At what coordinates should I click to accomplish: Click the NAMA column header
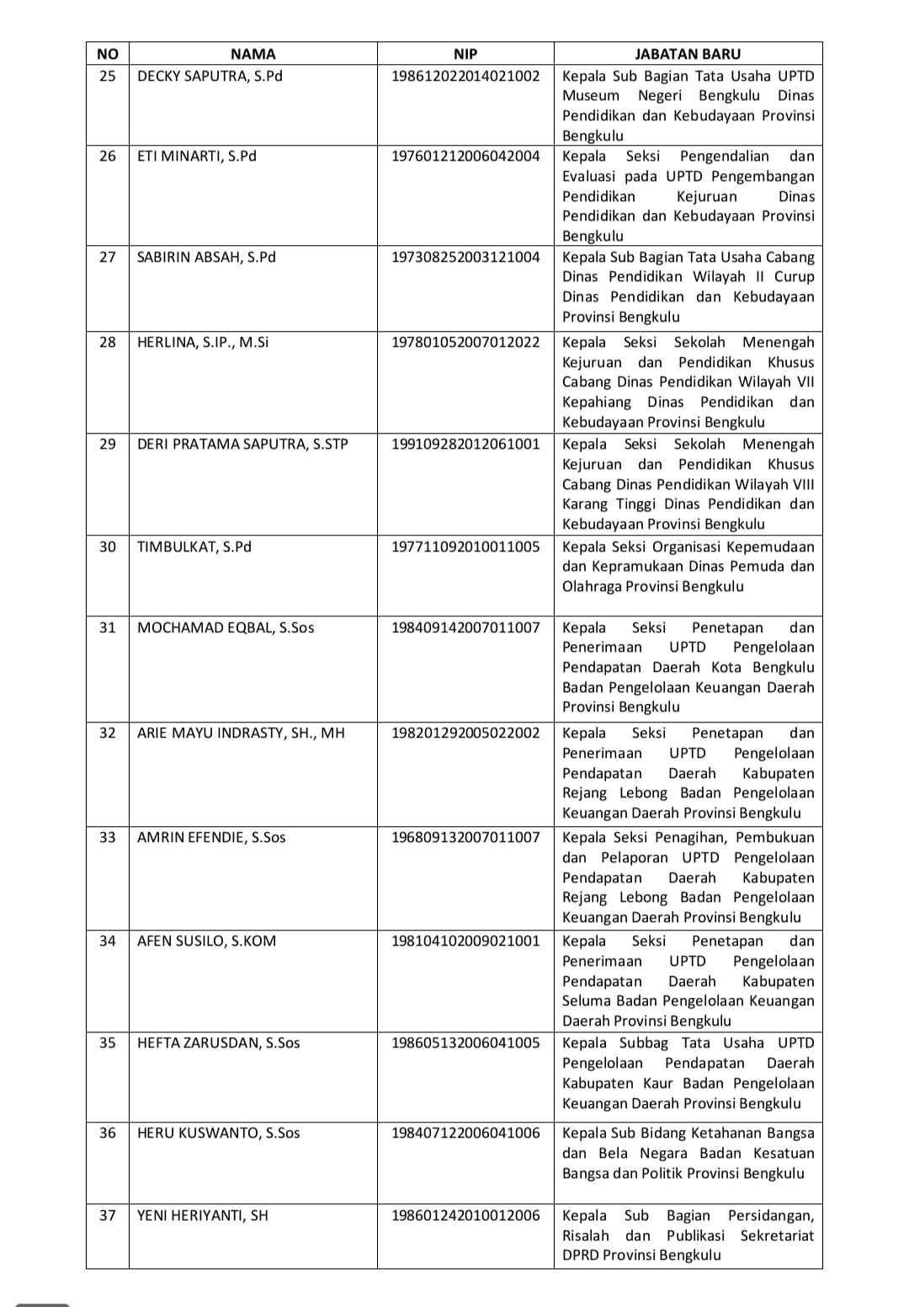click(x=252, y=54)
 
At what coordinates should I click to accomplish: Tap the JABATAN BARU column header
click(x=688, y=54)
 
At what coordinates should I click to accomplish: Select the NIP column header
click(x=465, y=54)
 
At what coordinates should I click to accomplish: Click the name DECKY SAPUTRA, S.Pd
click(x=210, y=76)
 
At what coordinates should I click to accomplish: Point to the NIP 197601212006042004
click(x=465, y=156)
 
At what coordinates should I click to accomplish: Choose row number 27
click(x=108, y=257)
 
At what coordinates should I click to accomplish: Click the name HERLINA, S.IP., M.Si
click(x=203, y=342)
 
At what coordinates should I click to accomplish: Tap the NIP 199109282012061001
click(x=465, y=444)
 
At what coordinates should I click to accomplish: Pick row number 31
click(x=108, y=627)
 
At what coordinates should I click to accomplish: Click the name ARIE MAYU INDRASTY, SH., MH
click(x=241, y=733)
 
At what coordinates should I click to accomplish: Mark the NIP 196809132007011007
click(x=465, y=837)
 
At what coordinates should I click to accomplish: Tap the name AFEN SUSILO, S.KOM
click(x=206, y=941)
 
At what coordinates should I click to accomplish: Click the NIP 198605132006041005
click(x=465, y=1043)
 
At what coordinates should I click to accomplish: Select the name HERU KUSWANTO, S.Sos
click(x=218, y=1133)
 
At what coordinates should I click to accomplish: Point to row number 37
click(x=108, y=1215)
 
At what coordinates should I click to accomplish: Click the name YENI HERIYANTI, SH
click(x=203, y=1215)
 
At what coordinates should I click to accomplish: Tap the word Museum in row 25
click(x=591, y=96)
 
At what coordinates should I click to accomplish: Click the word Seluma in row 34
click(x=587, y=1001)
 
